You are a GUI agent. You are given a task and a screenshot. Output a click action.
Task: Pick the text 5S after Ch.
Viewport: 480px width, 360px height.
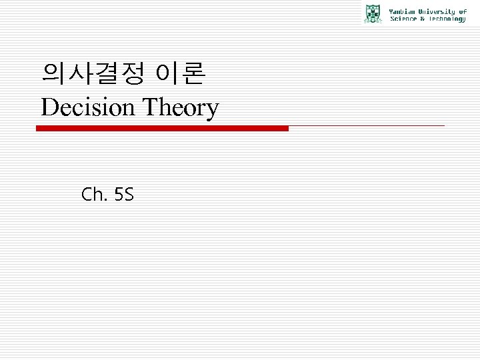[x=125, y=195]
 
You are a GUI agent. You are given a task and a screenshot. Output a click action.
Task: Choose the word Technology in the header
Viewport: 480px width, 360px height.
[x=445, y=19]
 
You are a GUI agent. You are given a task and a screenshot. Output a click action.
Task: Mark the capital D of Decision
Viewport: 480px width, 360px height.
[x=49, y=107]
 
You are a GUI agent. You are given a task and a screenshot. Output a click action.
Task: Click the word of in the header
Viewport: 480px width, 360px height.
[x=463, y=11]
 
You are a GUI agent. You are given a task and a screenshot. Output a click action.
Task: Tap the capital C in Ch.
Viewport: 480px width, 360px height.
[x=87, y=195]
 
